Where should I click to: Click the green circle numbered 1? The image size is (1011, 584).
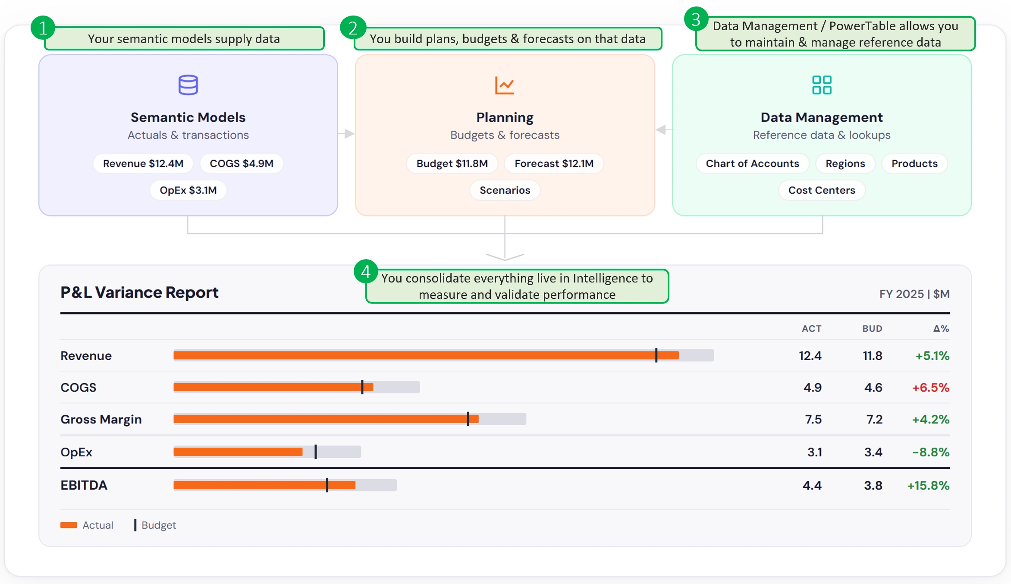click(43, 28)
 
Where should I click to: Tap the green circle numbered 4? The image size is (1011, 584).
click(366, 272)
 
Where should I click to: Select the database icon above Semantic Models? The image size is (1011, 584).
click(188, 85)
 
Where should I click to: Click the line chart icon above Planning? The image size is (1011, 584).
click(505, 85)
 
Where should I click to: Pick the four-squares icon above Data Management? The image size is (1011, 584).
click(822, 85)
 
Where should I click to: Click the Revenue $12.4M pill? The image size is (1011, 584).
click(143, 163)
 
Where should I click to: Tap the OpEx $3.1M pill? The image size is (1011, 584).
click(188, 190)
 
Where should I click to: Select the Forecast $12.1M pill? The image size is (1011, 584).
click(554, 163)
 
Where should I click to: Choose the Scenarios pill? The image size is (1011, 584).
click(505, 190)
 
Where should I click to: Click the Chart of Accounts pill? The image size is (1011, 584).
click(752, 163)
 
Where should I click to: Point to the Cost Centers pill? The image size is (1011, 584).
click(822, 190)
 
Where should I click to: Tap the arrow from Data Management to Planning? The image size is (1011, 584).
click(664, 129)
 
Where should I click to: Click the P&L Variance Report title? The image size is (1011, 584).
click(139, 292)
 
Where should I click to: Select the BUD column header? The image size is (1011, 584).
click(872, 329)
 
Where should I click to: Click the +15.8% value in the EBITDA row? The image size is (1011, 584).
click(928, 486)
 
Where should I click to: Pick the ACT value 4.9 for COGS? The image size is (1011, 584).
click(812, 387)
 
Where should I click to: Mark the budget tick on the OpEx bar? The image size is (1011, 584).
click(316, 452)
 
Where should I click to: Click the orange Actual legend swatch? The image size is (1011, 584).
click(69, 525)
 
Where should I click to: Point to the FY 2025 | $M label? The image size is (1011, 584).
click(914, 294)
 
